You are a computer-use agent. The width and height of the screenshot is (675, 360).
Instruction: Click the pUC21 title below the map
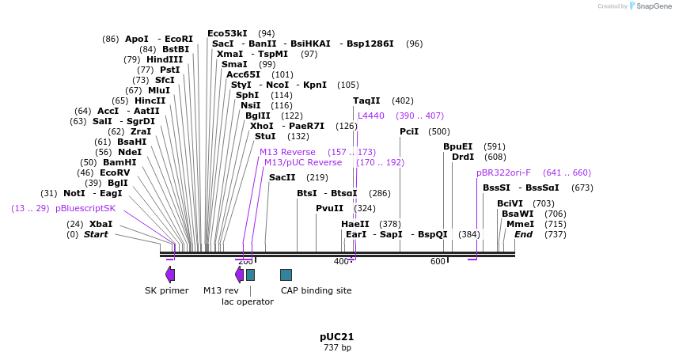pyautogui.click(x=336, y=337)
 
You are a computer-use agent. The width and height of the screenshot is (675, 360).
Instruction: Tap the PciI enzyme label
pyautogui.click(x=409, y=131)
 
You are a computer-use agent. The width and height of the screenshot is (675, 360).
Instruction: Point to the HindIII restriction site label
pyautogui.click(x=165, y=59)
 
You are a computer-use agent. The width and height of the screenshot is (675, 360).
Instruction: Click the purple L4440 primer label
pyautogui.click(x=371, y=116)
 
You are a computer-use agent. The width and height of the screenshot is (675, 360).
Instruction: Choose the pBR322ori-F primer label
pyautogui.click(x=503, y=172)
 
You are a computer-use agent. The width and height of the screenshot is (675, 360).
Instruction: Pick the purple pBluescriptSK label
pyautogui.click(x=85, y=208)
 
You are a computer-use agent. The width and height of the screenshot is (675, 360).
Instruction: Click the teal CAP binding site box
pyautogui.click(x=286, y=275)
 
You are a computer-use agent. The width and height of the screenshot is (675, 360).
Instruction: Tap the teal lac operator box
pyautogui.click(x=250, y=275)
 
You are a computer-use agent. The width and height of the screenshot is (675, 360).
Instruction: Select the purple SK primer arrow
pyautogui.click(x=170, y=275)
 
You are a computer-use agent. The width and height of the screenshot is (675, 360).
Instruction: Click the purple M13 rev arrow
pyautogui.click(x=239, y=275)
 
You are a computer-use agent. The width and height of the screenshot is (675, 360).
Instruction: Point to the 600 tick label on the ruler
pyautogui.click(x=438, y=261)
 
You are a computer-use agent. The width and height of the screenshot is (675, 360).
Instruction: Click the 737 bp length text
pyautogui.click(x=337, y=347)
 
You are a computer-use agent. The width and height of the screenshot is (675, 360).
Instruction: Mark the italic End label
pyautogui.click(x=524, y=234)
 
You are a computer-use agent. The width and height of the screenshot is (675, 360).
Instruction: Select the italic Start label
pyautogui.click(x=96, y=234)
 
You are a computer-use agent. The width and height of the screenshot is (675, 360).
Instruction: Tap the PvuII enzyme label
pyautogui.click(x=330, y=208)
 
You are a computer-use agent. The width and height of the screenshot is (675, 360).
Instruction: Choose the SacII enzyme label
pyautogui.click(x=283, y=177)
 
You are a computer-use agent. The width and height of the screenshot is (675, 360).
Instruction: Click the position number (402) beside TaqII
pyautogui.click(x=403, y=100)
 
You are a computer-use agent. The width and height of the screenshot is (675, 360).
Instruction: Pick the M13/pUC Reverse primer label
pyautogui.click(x=303, y=162)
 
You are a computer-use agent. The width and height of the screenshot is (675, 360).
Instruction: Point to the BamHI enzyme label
pyautogui.click(x=119, y=162)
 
